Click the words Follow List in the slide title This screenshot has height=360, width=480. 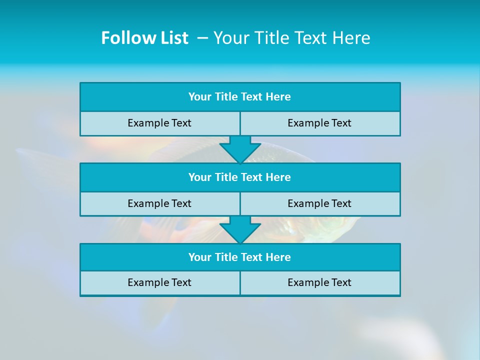pyautogui.click(x=144, y=38)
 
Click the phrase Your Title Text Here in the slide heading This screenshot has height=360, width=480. pyautogui.click(x=291, y=38)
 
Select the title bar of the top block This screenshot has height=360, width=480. pyautogui.click(x=240, y=97)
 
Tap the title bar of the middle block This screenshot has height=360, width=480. pyautogui.click(x=240, y=177)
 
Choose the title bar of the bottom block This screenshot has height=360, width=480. pyautogui.click(x=240, y=257)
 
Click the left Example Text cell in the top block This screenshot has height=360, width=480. pyautogui.click(x=159, y=123)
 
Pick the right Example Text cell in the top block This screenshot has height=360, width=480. pyautogui.click(x=319, y=123)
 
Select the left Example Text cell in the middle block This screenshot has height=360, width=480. pyautogui.click(x=159, y=203)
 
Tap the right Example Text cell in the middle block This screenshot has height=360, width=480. pyautogui.click(x=319, y=203)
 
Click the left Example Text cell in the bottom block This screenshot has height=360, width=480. pyautogui.click(x=159, y=282)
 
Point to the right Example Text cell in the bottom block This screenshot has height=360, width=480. pyautogui.click(x=319, y=282)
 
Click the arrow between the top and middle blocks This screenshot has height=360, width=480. pyautogui.click(x=240, y=149)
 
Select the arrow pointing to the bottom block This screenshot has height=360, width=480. pyautogui.click(x=240, y=230)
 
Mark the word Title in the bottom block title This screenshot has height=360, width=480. pyautogui.click(x=226, y=257)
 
